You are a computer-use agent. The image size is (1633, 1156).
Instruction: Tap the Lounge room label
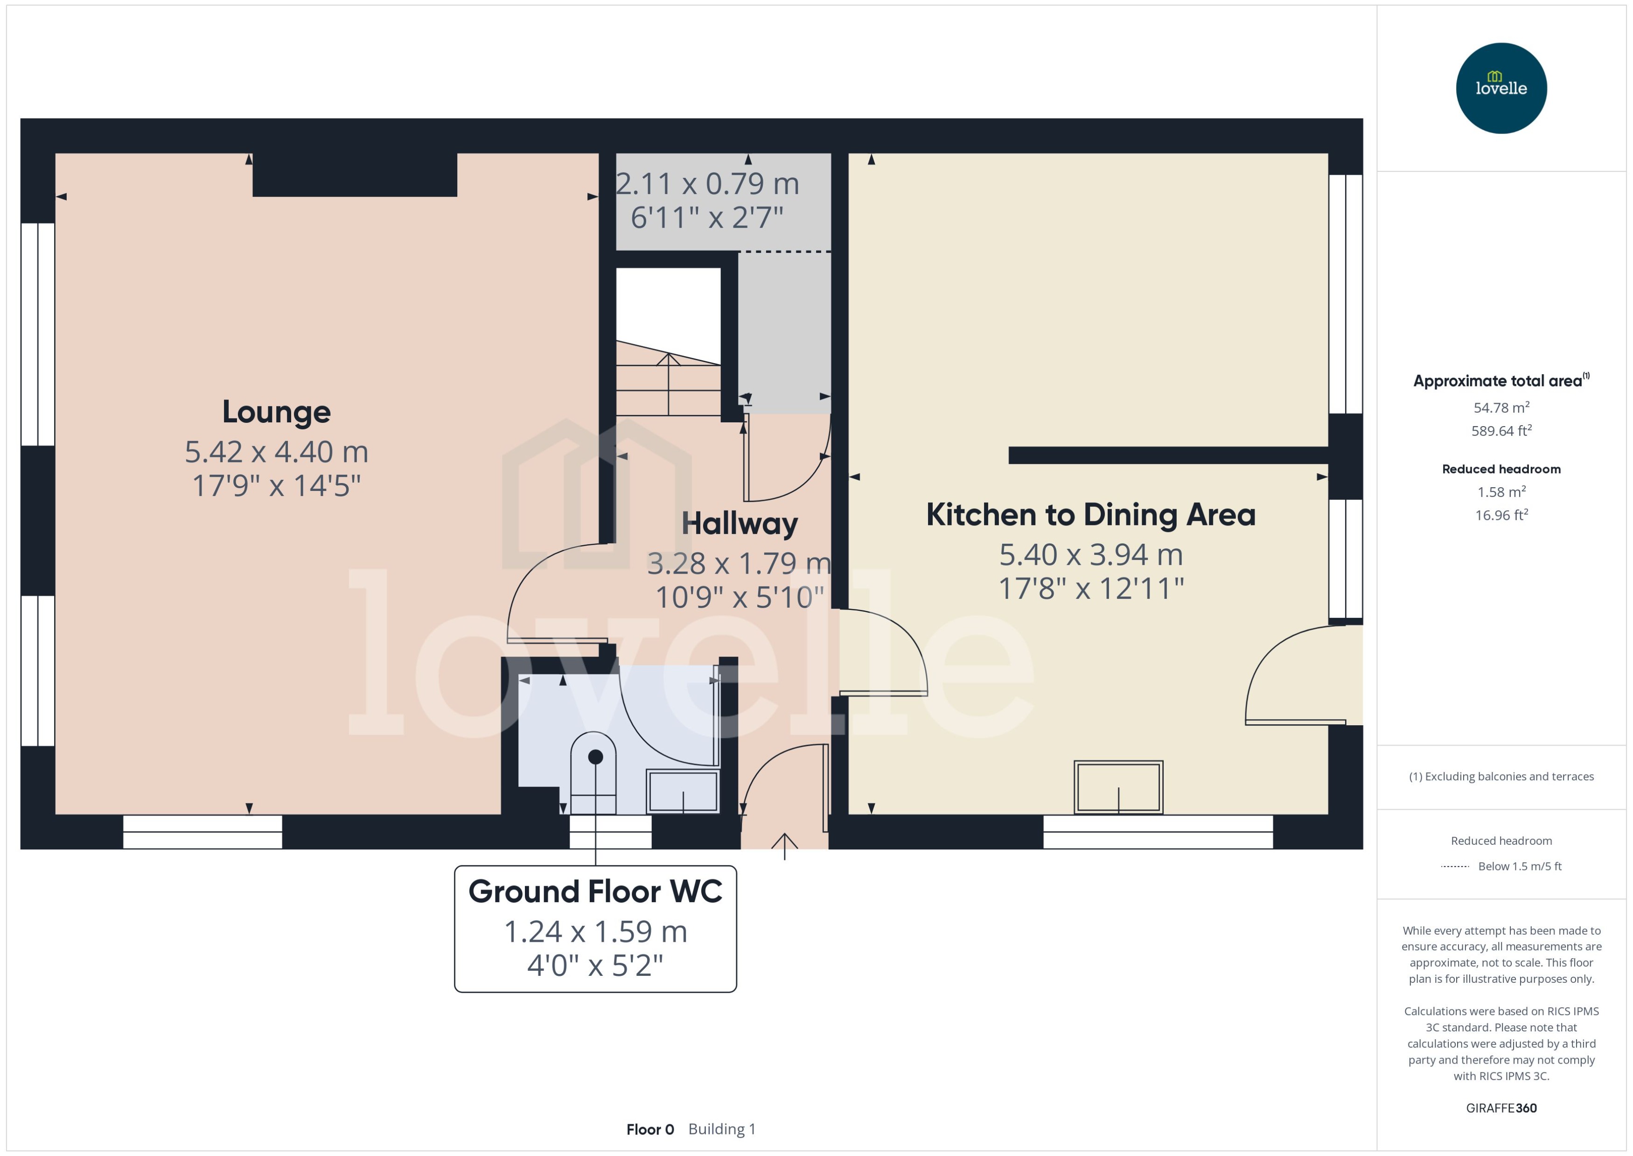tap(276, 412)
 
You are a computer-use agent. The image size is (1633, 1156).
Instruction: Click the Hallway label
tap(740, 524)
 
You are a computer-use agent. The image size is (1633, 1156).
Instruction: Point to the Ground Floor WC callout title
tap(595, 892)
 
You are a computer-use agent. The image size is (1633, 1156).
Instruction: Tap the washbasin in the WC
tap(683, 790)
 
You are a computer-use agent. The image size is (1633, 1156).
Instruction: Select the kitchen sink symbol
tap(1118, 787)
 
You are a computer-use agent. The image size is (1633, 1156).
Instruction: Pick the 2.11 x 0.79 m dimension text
tap(707, 184)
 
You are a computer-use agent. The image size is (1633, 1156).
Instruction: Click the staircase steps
tap(668, 385)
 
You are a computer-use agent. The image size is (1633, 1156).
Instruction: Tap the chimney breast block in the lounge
tap(354, 175)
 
